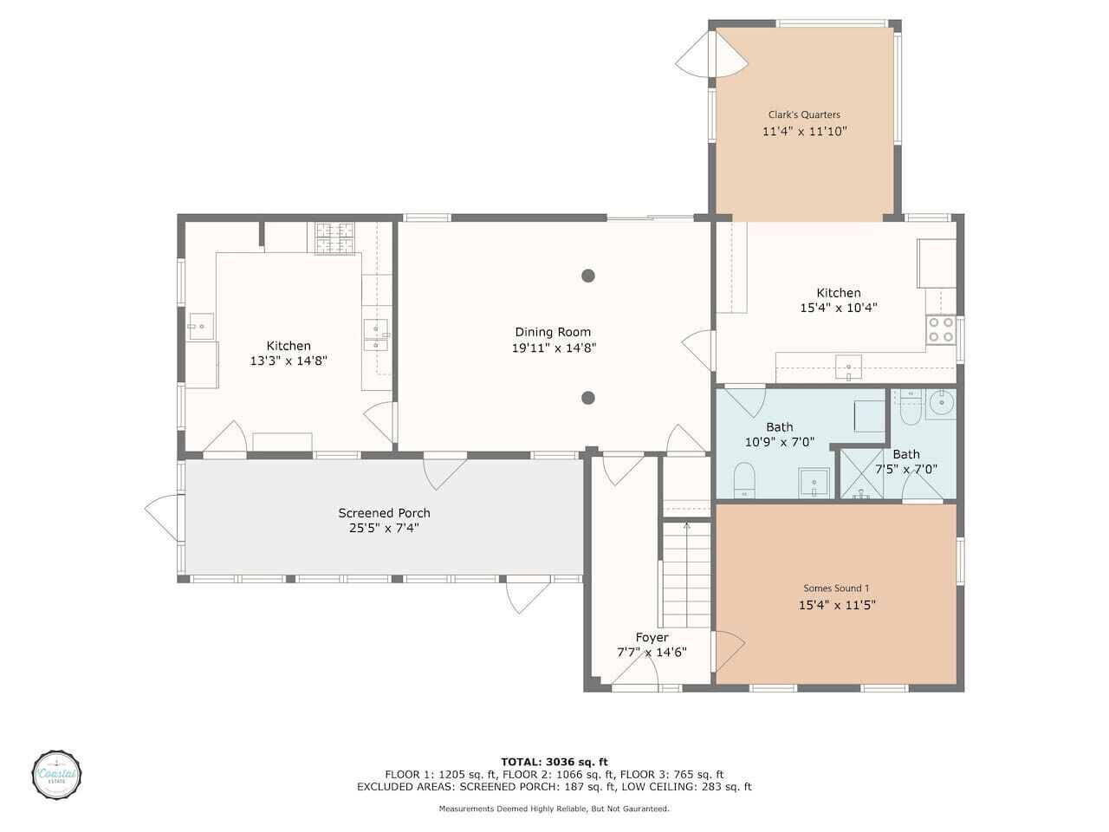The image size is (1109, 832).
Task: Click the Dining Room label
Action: coord(552,332)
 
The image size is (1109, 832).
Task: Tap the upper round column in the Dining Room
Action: coord(587,276)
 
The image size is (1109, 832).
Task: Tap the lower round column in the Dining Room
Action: coord(587,398)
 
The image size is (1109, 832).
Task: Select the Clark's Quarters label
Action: coord(804,114)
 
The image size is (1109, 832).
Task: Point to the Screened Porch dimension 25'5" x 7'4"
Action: coord(384,529)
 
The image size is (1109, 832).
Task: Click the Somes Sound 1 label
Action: coord(836,588)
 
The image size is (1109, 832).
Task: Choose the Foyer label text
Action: coord(652,638)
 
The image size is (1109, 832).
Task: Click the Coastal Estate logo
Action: coord(56,774)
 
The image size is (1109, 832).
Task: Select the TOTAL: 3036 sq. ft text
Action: coord(554,762)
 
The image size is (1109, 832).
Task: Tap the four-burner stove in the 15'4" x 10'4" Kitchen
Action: coord(941,330)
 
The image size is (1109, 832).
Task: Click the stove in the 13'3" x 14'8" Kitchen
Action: coord(334,238)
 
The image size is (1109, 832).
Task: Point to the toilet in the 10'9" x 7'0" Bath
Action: coord(743,480)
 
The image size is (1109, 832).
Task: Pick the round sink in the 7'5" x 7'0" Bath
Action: coord(942,404)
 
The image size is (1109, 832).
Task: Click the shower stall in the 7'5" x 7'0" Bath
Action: coord(861,474)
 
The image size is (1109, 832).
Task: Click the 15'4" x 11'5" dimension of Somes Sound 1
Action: coord(837,605)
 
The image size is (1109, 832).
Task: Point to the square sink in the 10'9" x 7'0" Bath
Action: coord(814,483)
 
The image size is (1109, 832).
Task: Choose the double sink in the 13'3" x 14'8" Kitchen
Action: coord(376,335)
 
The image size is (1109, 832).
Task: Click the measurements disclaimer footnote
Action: coord(554,809)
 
